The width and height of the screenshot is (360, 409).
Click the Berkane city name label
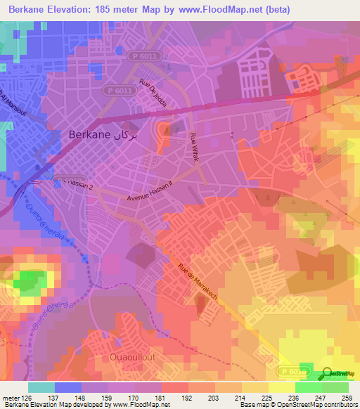point(89,134)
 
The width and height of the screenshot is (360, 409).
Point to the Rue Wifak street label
point(193,145)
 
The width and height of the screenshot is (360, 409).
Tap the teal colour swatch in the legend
point(41,387)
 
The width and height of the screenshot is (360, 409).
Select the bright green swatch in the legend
point(309,387)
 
